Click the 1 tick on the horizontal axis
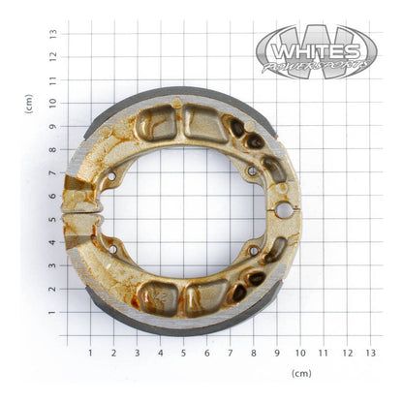pos(90,353)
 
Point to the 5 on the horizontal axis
pos(183,353)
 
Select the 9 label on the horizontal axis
pos(277,353)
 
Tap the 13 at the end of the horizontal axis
pos(371,353)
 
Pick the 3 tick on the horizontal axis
pos(137,353)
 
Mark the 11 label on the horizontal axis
pos(324,353)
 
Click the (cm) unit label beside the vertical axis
pos(29,104)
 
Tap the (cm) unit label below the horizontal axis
pos(301,373)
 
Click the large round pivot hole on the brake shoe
pos(283,209)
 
